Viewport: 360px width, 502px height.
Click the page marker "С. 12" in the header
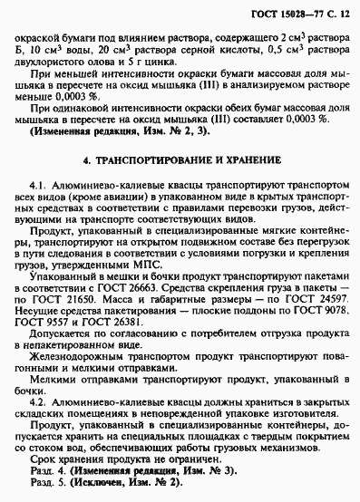336,8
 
